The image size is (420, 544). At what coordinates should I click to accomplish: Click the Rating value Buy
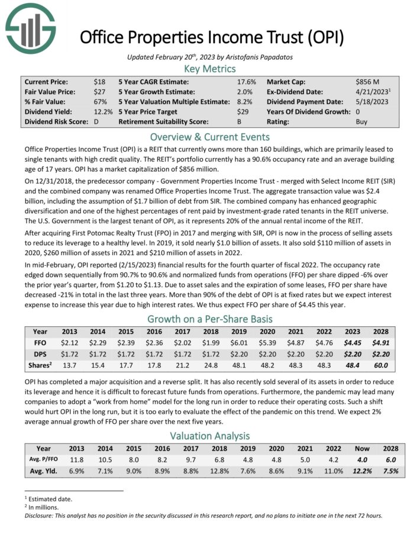click(362, 122)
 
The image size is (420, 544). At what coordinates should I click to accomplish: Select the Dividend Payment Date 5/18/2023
click(372, 102)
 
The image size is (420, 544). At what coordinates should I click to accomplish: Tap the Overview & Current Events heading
click(209, 137)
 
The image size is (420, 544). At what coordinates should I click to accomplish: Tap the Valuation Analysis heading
click(209, 436)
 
